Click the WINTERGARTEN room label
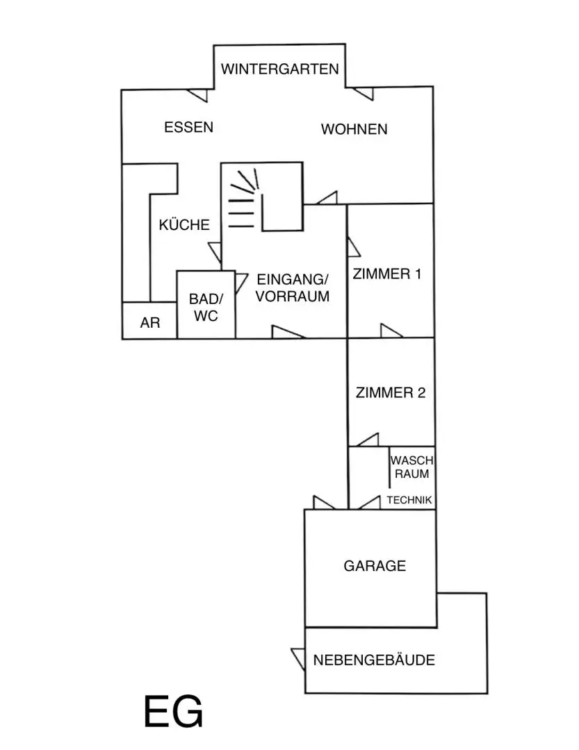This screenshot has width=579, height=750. point(279,69)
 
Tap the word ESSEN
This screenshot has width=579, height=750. point(188,127)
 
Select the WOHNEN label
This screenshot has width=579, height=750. point(354,129)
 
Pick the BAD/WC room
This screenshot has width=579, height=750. point(206,307)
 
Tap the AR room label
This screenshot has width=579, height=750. point(150,323)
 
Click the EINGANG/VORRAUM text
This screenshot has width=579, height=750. point(292,288)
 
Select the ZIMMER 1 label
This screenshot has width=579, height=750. point(387,274)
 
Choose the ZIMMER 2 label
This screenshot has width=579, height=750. point(391,392)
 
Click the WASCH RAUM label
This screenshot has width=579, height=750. point(412,467)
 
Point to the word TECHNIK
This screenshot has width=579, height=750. point(409,500)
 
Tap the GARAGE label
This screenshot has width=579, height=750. point(375,566)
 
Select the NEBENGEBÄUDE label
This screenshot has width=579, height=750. point(374,660)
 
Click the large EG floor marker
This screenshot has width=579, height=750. point(173,711)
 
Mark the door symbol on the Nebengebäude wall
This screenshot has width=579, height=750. point(299,658)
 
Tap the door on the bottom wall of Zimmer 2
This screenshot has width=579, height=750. point(368,440)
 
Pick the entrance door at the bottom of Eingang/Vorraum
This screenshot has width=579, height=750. point(287,332)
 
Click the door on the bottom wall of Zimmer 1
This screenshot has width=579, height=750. point(391,331)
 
